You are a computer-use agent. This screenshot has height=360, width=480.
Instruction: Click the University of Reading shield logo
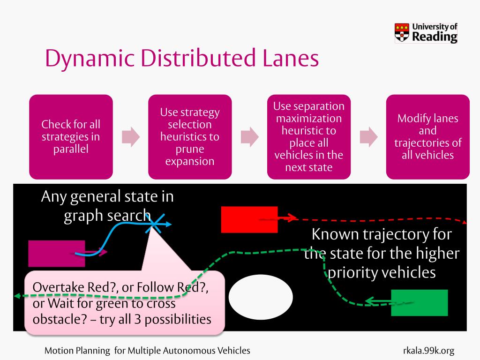402,33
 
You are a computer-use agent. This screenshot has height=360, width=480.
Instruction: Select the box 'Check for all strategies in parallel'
71,137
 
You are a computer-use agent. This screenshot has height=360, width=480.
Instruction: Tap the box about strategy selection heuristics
190,137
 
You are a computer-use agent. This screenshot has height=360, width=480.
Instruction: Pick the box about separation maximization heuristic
309,137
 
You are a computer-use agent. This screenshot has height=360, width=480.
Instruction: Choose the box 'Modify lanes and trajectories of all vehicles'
427,137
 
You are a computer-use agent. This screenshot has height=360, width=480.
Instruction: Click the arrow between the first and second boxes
131,136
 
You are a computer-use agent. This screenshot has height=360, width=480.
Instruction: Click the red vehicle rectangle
249,219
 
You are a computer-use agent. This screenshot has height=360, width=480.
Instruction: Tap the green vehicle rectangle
420,303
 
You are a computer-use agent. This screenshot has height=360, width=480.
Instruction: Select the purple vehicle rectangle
56,253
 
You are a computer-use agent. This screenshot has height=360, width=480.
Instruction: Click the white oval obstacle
261,298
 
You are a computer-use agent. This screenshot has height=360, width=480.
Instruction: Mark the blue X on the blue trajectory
153,224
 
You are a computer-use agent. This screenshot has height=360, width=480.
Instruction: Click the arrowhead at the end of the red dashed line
464,222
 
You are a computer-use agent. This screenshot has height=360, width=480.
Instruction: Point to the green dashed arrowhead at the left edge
16,296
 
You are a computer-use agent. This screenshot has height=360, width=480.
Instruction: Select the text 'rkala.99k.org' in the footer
428,351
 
